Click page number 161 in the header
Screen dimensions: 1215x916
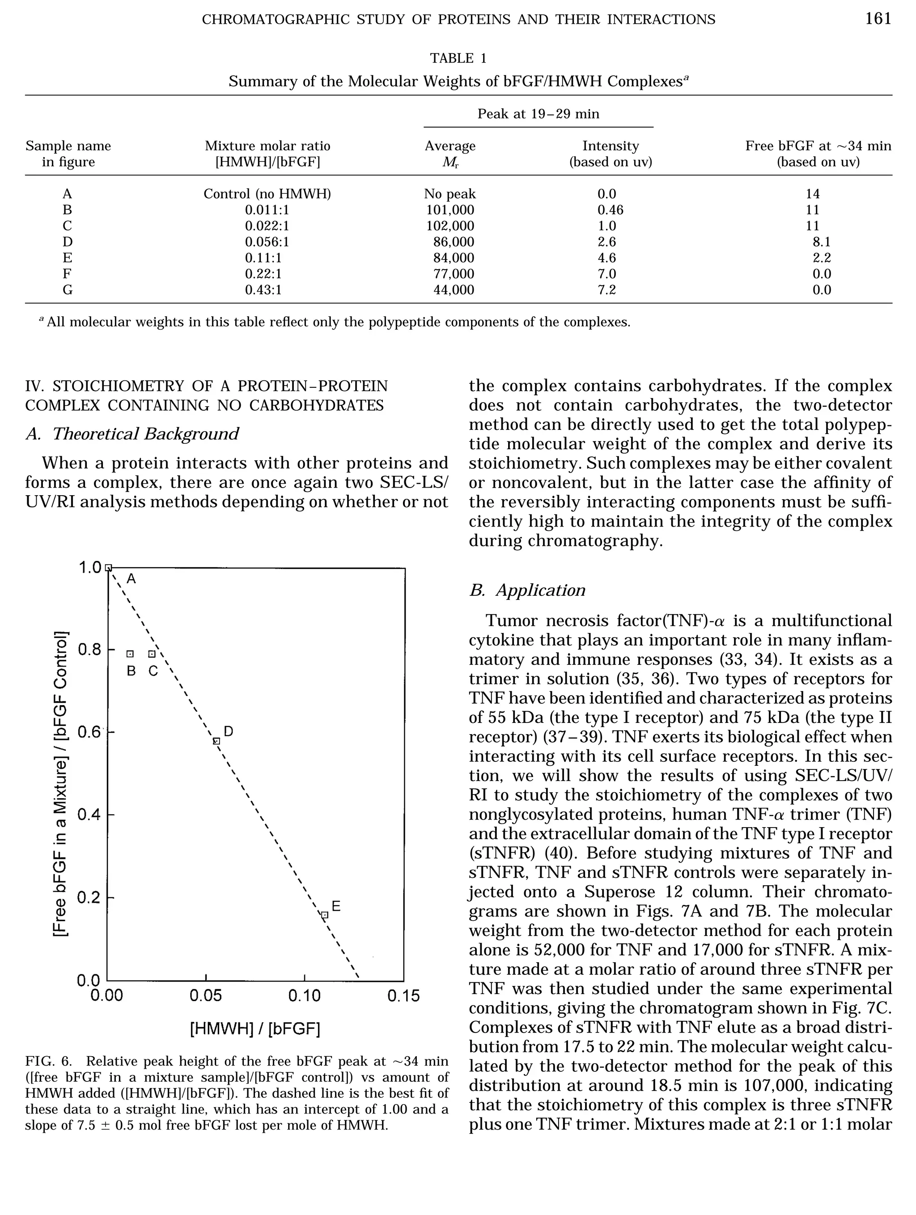(x=878, y=19)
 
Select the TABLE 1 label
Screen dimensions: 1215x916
(x=458, y=58)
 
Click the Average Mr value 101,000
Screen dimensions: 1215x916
(x=450, y=210)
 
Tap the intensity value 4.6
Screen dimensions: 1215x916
(x=607, y=258)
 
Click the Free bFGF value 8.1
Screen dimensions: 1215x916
(x=822, y=242)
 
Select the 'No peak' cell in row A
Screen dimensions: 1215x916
(x=450, y=194)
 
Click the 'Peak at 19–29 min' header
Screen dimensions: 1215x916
(x=538, y=114)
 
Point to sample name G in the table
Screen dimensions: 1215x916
(x=68, y=289)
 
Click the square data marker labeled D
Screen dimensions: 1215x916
(x=216, y=741)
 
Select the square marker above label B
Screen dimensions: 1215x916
(x=130, y=654)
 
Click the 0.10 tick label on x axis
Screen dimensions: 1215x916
(x=304, y=996)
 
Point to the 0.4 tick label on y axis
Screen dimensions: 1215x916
(x=89, y=815)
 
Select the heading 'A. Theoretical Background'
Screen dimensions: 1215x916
(x=132, y=434)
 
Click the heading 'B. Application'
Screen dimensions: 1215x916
(x=527, y=591)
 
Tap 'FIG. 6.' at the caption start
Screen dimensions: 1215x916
(x=48, y=1061)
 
